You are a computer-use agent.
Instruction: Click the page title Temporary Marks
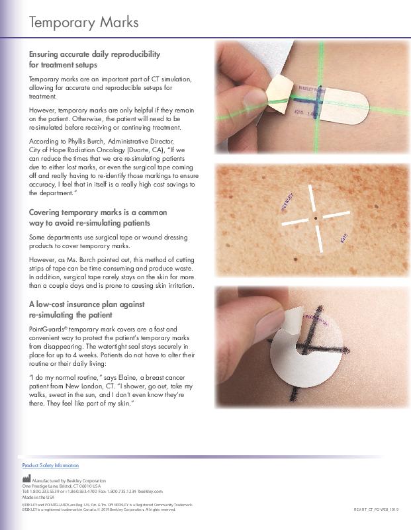83,22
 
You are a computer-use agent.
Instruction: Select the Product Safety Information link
50,466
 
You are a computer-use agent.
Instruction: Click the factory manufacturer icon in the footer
26,479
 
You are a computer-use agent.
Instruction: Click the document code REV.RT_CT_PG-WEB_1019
377,509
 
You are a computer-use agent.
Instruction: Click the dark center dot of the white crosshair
316,218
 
